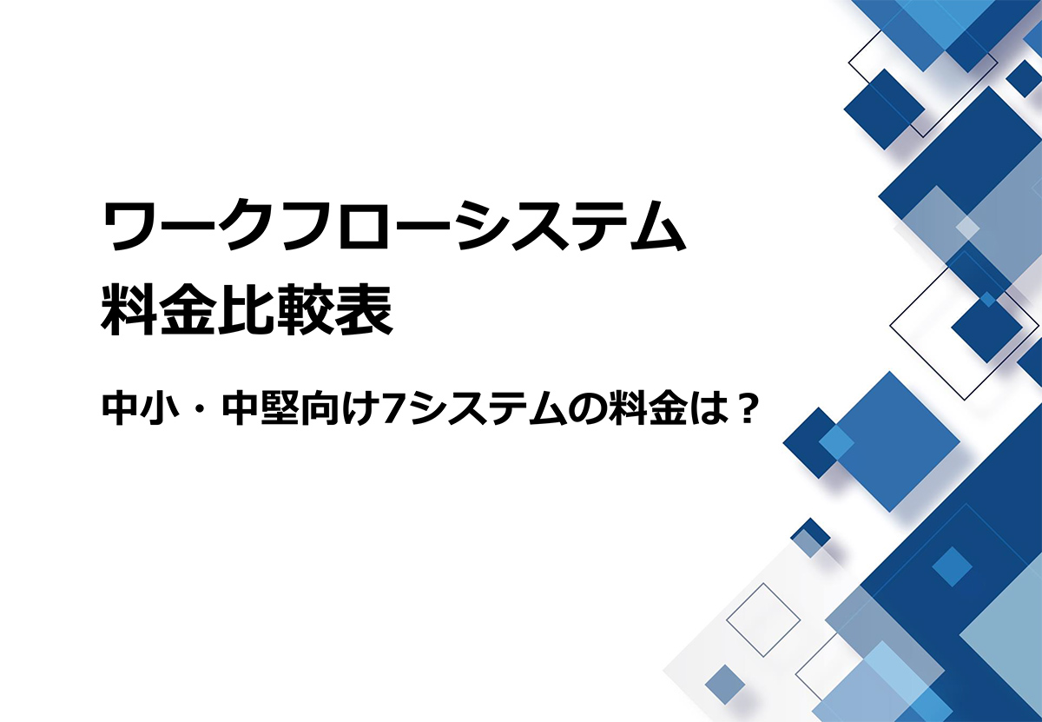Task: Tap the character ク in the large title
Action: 246,227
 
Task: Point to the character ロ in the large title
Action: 366,228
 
